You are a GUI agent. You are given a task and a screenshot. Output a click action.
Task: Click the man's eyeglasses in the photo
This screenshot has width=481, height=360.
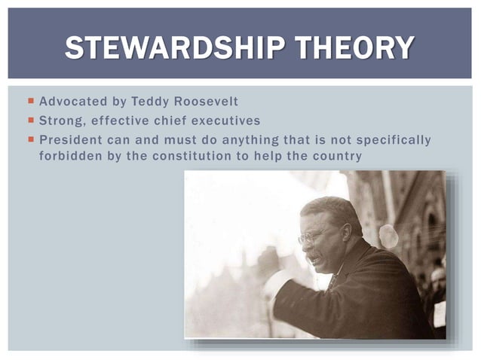(312, 236)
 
